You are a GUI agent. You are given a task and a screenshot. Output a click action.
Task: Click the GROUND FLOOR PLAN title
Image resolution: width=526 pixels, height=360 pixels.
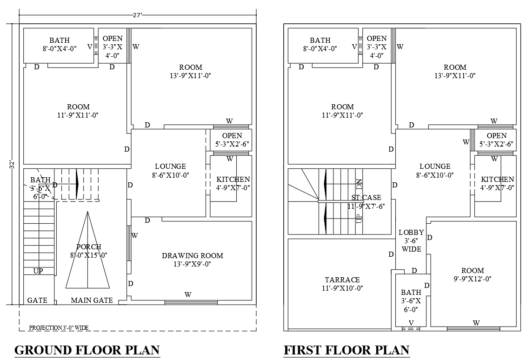87,350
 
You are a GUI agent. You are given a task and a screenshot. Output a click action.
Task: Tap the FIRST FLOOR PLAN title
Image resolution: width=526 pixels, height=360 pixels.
346,350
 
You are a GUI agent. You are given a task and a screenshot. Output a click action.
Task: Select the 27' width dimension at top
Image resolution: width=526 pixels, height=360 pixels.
138,15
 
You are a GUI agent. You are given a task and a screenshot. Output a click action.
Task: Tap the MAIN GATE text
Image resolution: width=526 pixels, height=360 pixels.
92,300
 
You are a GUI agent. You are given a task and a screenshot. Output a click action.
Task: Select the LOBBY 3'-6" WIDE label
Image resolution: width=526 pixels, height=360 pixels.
411,240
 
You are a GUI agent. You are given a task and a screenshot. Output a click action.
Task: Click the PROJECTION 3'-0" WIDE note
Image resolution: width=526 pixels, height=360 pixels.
59,328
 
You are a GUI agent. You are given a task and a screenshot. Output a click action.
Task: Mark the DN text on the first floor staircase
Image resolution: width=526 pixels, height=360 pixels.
359,184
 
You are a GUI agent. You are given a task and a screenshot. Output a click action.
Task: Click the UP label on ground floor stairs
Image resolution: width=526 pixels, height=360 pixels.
38,271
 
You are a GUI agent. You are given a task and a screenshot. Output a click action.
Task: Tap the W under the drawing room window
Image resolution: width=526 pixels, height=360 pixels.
188,294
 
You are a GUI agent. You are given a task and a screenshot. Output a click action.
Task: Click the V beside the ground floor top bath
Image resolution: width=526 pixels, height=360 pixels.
89,47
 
